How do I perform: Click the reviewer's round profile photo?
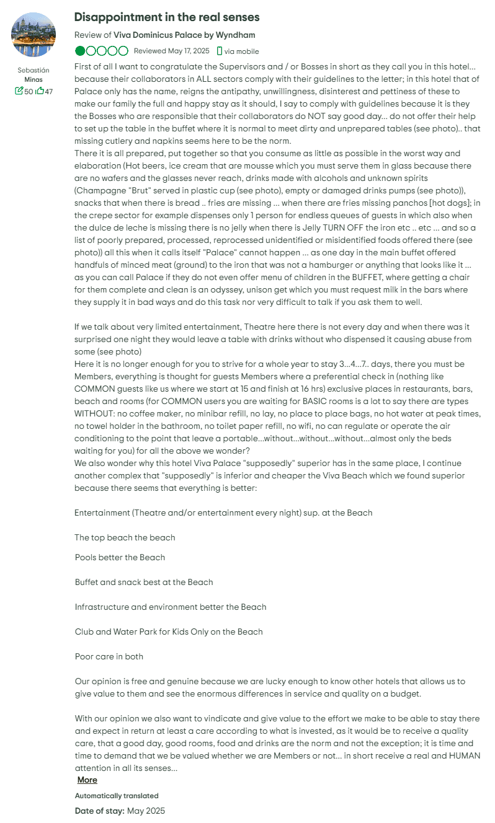[x=33, y=35]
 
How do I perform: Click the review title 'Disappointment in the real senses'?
[x=166, y=17]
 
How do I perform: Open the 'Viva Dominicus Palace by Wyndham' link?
[x=184, y=35]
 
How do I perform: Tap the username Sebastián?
[x=33, y=71]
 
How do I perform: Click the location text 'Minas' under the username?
[x=33, y=80]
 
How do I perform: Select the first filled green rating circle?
[x=80, y=51]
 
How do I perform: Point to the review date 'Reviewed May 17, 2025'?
[x=172, y=51]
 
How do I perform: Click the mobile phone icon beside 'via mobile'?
[x=220, y=51]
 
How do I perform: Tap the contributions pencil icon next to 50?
[x=19, y=91]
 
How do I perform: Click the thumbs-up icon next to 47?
[x=40, y=91]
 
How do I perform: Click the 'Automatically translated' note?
[x=116, y=796]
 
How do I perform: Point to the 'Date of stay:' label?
[x=99, y=811]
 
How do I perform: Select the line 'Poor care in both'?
[x=109, y=656]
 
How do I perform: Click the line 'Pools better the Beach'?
[x=120, y=557]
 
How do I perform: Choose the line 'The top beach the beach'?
[x=125, y=537]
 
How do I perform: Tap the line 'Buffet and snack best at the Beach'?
[x=143, y=582]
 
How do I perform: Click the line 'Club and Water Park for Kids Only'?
[x=168, y=632]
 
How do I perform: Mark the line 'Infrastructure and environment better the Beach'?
[x=171, y=607]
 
